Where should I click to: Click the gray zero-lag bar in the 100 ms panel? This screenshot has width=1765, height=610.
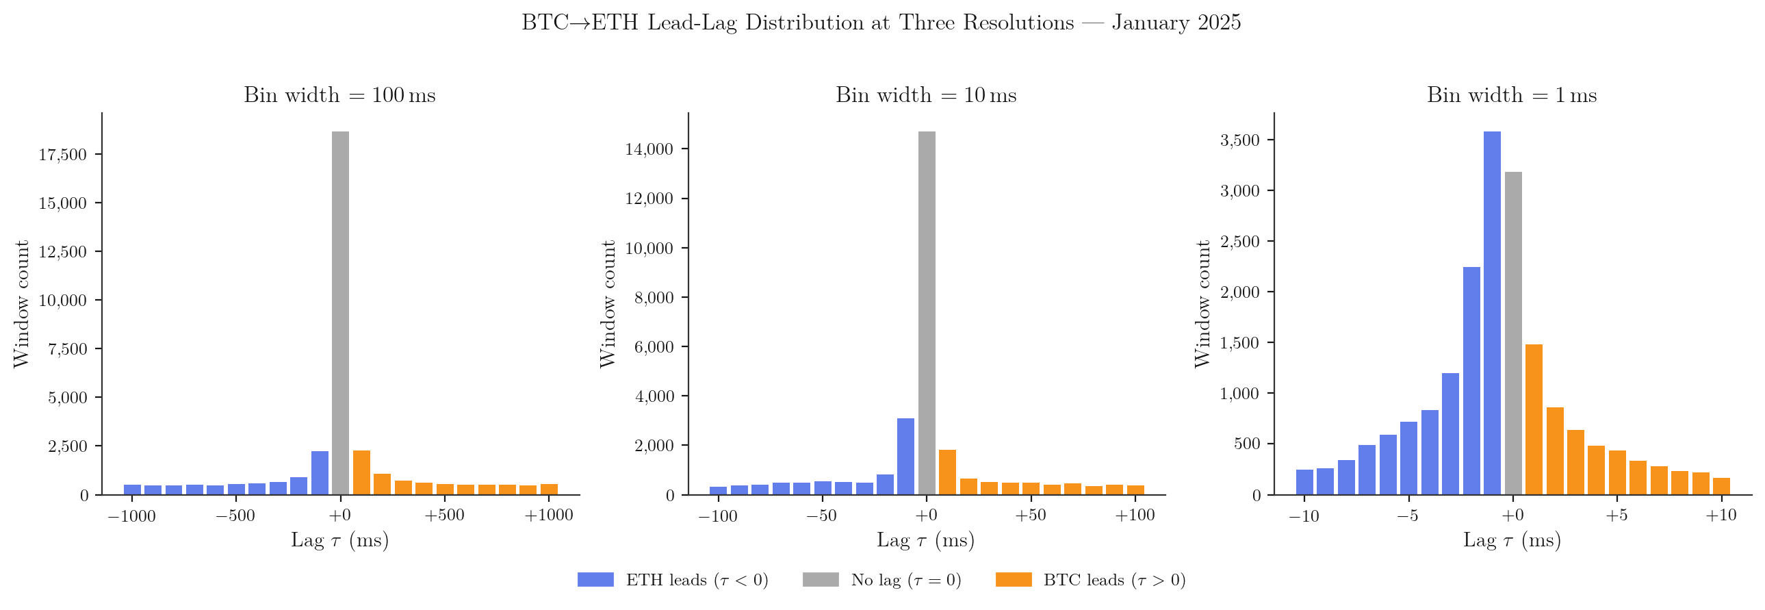tap(340, 312)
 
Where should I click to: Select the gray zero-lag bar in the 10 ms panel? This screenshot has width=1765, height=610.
tap(927, 312)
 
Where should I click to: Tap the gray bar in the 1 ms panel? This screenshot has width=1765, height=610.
tap(1513, 333)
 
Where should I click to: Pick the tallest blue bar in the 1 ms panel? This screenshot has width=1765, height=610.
tap(1492, 312)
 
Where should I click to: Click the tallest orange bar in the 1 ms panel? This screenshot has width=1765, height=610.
tap(1534, 419)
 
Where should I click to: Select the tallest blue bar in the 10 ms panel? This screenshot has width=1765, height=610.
tap(905, 456)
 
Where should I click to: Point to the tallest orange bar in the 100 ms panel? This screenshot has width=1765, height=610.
tap(361, 472)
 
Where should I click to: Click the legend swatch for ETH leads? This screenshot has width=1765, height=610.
tap(595, 580)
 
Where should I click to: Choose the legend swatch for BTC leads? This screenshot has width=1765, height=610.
tap(1013, 580)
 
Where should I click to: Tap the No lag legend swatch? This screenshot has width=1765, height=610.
tap(820, 580)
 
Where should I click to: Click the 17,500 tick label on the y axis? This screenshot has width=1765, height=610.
tap(62, 155)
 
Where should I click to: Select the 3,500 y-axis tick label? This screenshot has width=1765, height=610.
tap(1239, 140)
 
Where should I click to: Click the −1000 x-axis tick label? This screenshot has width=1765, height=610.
tap(131, 516)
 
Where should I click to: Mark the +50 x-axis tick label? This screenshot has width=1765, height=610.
tap(1030, 516)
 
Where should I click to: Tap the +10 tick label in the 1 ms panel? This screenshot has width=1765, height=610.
tap(1721, 516)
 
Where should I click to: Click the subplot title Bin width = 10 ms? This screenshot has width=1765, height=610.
tap(926, 95)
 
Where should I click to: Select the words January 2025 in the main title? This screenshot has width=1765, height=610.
tap(1176, 23)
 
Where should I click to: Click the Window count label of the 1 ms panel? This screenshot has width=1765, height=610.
tap(1202, 303)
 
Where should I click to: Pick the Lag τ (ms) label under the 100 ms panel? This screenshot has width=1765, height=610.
tap(340, 541)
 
